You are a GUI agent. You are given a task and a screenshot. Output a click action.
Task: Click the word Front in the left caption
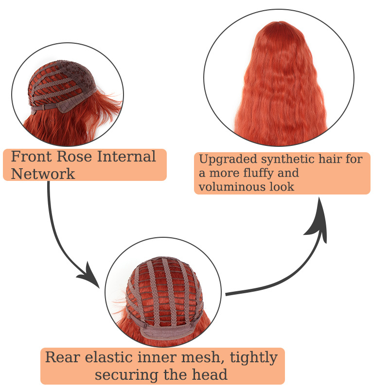(32, 157)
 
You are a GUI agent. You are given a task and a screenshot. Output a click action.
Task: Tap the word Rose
(74, 157)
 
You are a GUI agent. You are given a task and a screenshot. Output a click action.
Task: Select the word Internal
(126, 157)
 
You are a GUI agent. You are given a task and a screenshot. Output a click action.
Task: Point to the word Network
(43, 174)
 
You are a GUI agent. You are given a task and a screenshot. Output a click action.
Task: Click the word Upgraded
(228, 159)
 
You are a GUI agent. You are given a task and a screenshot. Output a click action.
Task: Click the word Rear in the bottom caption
(63, 357)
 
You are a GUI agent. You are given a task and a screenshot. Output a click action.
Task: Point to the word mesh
(201, 357)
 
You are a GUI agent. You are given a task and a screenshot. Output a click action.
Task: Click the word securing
(126, 375)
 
